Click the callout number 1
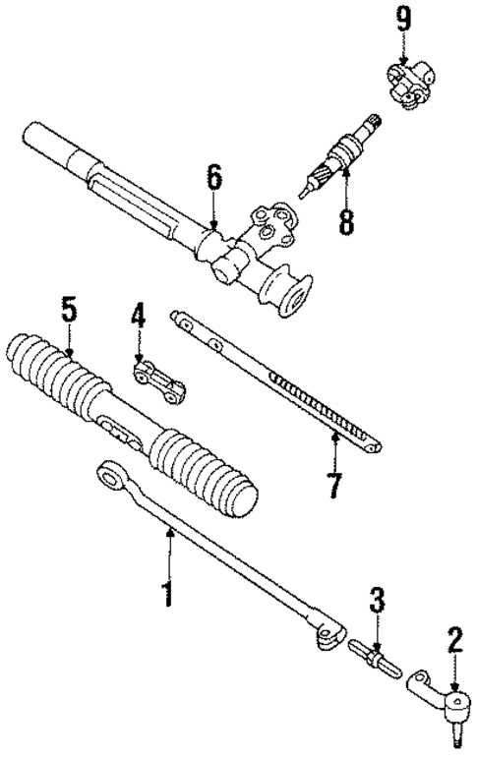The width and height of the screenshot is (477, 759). click(x=167, y=593)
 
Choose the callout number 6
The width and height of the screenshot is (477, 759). click(x=213, y=179)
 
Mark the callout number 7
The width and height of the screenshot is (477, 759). click(x=334, y=485)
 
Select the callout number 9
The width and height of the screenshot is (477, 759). click(x=401, y=17)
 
